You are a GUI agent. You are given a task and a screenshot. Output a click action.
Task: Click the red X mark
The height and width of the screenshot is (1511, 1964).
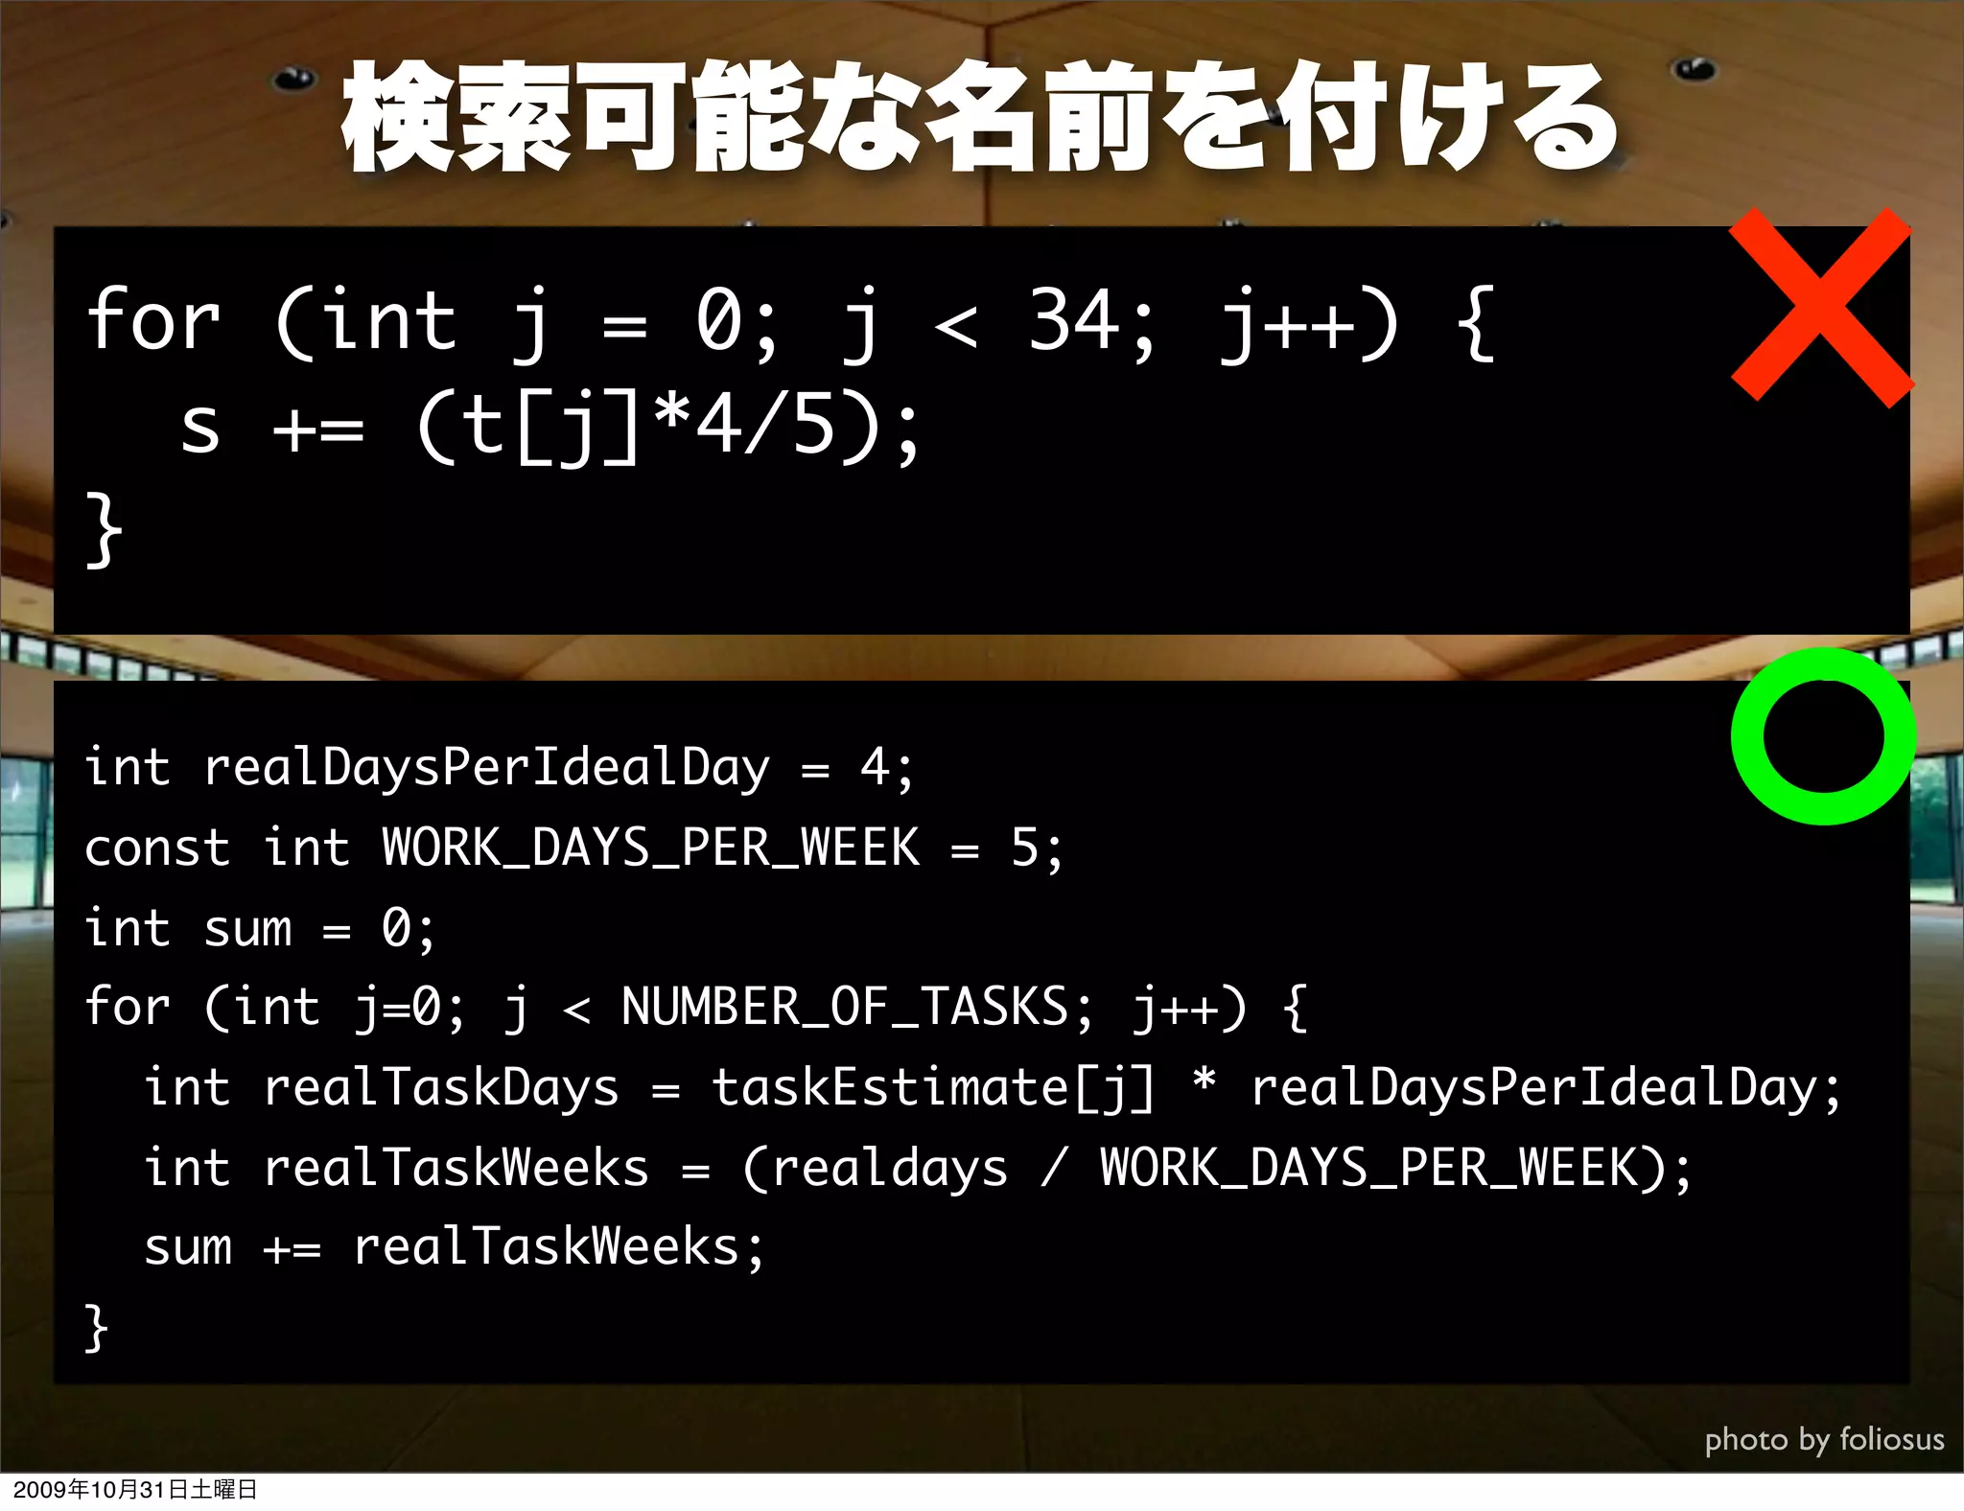(x=1820, y=307)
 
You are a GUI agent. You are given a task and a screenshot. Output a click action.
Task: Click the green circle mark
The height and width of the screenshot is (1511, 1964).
(x=1823, y=736)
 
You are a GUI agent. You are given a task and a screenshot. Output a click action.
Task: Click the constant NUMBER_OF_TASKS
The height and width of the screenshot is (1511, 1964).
(x=844, y=1007)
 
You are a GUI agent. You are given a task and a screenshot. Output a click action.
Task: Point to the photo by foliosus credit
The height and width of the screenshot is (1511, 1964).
(x=1824, y=1439)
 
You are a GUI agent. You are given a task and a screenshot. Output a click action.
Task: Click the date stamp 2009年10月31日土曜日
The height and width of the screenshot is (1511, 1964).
(x=135, y=1489)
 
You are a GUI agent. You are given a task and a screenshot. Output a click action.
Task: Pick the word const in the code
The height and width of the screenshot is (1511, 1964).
(x=157, y=848)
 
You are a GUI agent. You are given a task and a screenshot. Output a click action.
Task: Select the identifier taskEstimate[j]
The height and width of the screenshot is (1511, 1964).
(x=932, y=1087)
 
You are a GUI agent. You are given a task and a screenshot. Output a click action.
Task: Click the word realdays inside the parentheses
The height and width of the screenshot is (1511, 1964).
(x=889, y=1168)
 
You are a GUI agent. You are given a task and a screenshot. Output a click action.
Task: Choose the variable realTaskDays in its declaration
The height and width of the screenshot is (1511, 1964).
(x=441, y=1087)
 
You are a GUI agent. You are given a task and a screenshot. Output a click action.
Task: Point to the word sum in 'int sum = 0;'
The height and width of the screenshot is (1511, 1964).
(x=247, y=928)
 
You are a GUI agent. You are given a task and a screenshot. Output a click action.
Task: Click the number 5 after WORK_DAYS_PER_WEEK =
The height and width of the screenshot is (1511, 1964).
(x=1024, y=848)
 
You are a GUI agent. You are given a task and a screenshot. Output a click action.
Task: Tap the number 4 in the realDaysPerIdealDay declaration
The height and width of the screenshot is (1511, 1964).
(x=874, y=767)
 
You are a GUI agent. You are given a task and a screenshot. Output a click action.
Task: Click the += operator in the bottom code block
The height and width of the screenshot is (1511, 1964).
(x=292, y=1248)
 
